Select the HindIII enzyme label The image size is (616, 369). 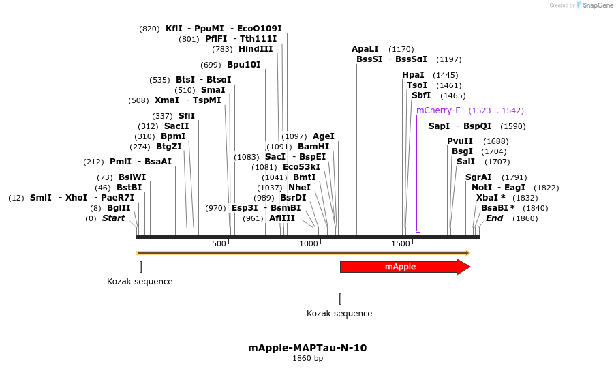[x=256, y=49]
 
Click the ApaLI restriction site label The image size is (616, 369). [x=365, y=49]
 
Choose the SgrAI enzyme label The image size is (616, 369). [x=478, y=177]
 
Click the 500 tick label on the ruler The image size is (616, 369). [x=219, y=243]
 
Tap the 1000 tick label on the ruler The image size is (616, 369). [x=309, y=243]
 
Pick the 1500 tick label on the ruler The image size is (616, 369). [x=399, y=243]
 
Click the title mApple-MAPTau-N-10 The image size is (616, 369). [x=307, y=348]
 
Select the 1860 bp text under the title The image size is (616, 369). [x=307, y=358]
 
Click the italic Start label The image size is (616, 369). [x=114, y=218]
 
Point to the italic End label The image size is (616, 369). [x=494, y=218]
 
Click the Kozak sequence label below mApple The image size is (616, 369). [x=339, y=314]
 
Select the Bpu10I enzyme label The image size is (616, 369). [x=244, y=65]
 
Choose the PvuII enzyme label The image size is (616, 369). [x=460, y=141]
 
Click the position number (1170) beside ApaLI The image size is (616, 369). [x=401, y=49]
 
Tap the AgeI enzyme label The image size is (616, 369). [x=324, y=136]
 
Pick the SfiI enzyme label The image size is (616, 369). [x=187, y=116]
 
